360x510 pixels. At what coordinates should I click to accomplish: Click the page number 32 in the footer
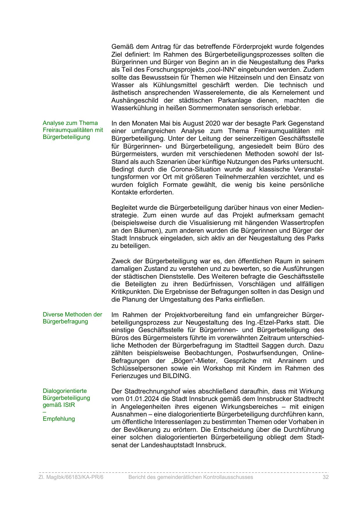point(325,477)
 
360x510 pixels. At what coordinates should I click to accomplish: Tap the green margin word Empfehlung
point(59,419)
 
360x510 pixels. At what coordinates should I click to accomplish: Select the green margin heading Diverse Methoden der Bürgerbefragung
point(72,318)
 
